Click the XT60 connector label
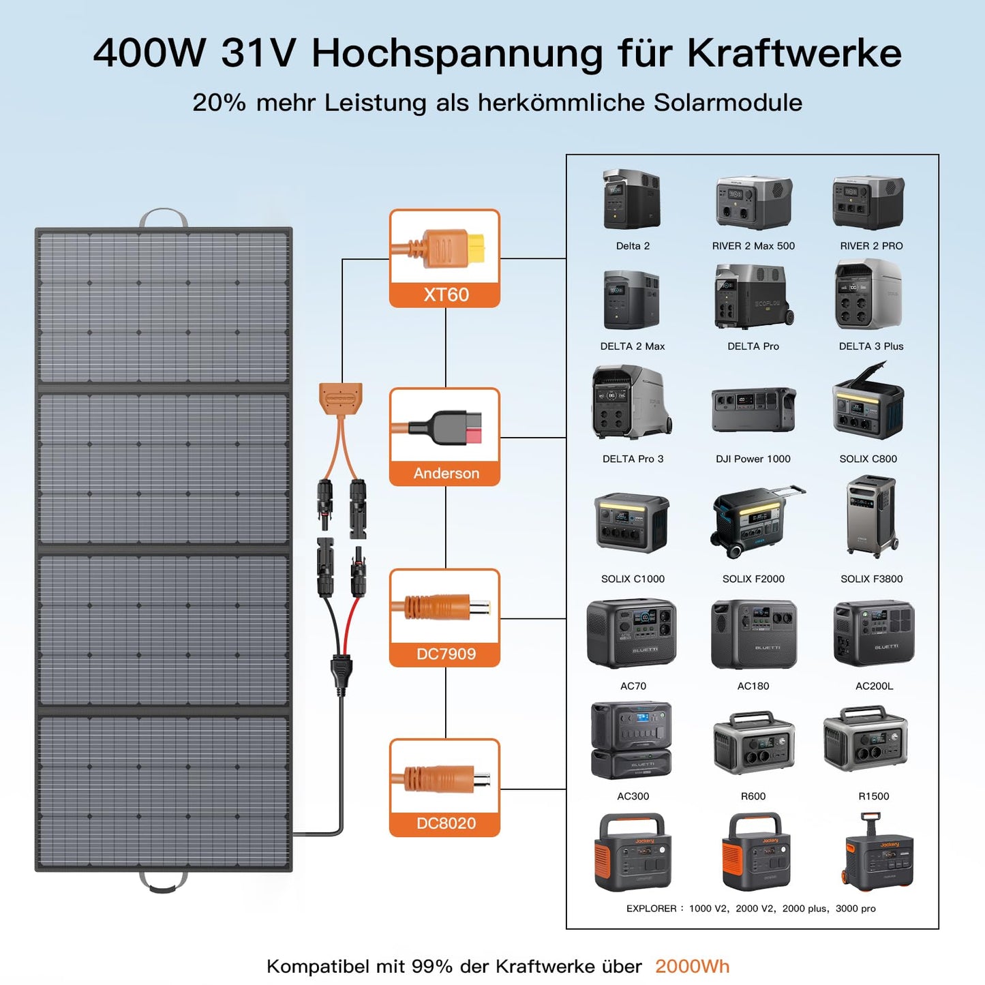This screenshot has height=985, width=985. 446,294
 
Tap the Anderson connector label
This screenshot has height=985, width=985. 446,473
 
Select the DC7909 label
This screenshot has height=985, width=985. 446,654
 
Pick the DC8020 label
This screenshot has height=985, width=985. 446,823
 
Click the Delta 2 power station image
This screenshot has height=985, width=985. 632,200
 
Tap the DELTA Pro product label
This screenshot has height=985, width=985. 753,346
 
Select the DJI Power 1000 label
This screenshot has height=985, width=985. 753,459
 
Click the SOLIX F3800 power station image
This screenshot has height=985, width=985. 870,516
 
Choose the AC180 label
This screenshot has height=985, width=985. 753,686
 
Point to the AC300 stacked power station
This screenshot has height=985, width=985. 632,740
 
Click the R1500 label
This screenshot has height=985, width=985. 873,796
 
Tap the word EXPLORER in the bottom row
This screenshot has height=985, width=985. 651,909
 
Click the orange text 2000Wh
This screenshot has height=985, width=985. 692,967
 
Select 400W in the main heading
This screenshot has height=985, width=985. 149,53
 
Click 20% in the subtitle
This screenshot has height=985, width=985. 219,103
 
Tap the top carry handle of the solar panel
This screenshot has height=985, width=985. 164,218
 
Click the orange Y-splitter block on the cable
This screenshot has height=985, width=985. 340,397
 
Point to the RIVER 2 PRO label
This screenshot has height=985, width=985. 870,246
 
